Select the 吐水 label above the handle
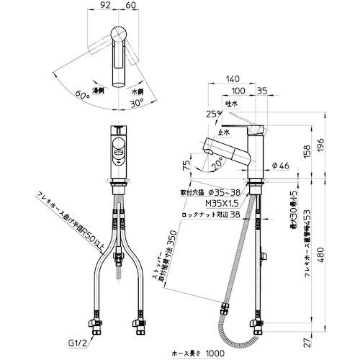232,104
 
